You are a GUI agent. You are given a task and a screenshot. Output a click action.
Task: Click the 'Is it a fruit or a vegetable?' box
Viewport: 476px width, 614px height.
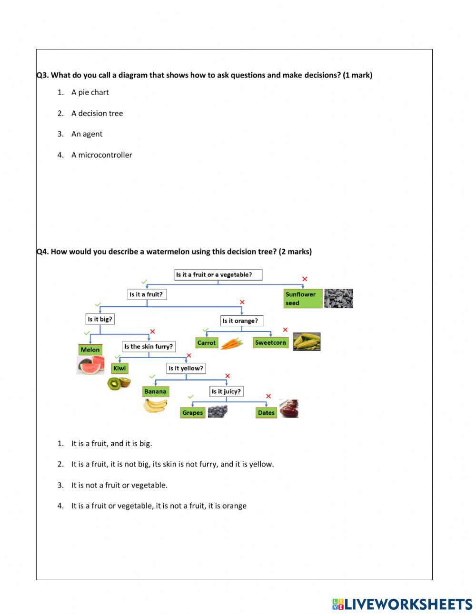pyautogui.click(x=218, y=274)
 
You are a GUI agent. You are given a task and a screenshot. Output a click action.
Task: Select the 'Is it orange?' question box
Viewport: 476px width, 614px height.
pyautogui.click(x=241, y=321)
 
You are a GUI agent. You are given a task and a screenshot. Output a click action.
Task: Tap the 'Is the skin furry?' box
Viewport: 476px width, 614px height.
pyautogui.click(x=149, y=346)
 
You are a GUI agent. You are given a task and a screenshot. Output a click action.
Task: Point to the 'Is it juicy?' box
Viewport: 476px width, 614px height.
pyautogui.click(x=226, y=391)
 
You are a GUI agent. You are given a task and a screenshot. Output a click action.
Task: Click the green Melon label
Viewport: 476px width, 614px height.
pyautogui.click(x=90, y=350)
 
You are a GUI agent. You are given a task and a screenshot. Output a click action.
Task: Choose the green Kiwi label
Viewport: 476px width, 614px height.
pyautogui.click(x=119, y=368)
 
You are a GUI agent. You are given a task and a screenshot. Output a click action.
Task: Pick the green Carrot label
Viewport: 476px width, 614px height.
pyautogui.click(x=206, y=342)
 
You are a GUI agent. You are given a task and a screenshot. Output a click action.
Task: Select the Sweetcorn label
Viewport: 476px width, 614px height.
pyautogui.click(x=270, y=342)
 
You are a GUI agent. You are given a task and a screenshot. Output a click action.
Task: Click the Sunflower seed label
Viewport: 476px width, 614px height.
pyautogui.click(x=303, y=298)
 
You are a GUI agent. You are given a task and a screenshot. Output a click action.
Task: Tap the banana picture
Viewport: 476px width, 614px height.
pyautogui.click(x=155, y=406)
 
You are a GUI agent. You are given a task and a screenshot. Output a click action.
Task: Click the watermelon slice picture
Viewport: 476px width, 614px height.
pyautogui.click(x=90, y=365)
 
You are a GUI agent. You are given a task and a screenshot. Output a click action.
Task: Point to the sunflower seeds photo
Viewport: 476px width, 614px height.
pyautogui.click(x=338, y=298)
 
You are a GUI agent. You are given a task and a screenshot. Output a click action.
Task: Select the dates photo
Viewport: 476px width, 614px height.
pyautogui.click(x=289, y=409)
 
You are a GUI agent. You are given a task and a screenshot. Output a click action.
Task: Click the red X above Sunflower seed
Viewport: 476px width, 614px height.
pyautogui.click(x=305, y=279)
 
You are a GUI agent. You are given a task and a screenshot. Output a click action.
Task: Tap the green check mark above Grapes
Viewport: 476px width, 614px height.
pyautogui.click(x=191, y=397)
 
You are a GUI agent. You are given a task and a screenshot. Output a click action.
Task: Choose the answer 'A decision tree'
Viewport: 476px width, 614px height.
pyautogui.click(x=97, y=113)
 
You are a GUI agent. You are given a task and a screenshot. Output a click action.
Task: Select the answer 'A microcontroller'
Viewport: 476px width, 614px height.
pyautogui.click(x=102, y=155)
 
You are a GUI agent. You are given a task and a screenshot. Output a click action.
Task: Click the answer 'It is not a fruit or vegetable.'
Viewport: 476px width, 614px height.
pyautogui.click(x=119, y=485)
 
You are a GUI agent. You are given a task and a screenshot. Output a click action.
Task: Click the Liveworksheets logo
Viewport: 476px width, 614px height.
pyautogui.click(x=402, y=604)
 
